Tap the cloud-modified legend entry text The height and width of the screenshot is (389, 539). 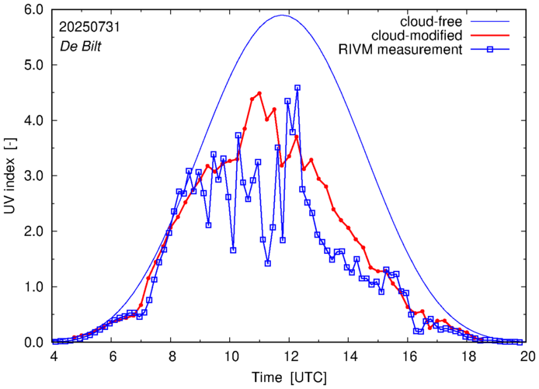click(x=418, y=36)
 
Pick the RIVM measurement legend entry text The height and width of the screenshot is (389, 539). click(x=401, y=51)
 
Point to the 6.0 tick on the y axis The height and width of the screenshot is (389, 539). click(x=33, y=10)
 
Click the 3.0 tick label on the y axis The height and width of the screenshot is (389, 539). click(x=33, y=176)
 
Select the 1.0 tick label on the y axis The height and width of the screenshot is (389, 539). click(x=33, y=287)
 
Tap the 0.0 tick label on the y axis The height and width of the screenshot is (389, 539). click(x=33, y=342)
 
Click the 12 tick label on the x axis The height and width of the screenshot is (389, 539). click(x=290, y=356)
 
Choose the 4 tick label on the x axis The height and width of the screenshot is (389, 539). click(x=54, y=356)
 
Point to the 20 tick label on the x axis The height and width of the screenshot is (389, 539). click(x=527, y=356)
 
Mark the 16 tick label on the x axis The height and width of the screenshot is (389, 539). click(x=409, y=356)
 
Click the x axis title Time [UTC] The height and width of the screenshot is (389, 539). click(x=290, y=377)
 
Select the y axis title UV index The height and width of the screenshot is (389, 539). click(x=10, y=176)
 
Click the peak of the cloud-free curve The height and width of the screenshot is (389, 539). click(x=282, y=15)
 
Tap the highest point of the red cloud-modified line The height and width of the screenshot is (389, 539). click(x=259, y=93)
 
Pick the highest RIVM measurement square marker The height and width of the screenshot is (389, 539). click(x=297, y=88)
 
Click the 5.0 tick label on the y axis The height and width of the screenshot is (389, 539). click(x=33, y=65)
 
